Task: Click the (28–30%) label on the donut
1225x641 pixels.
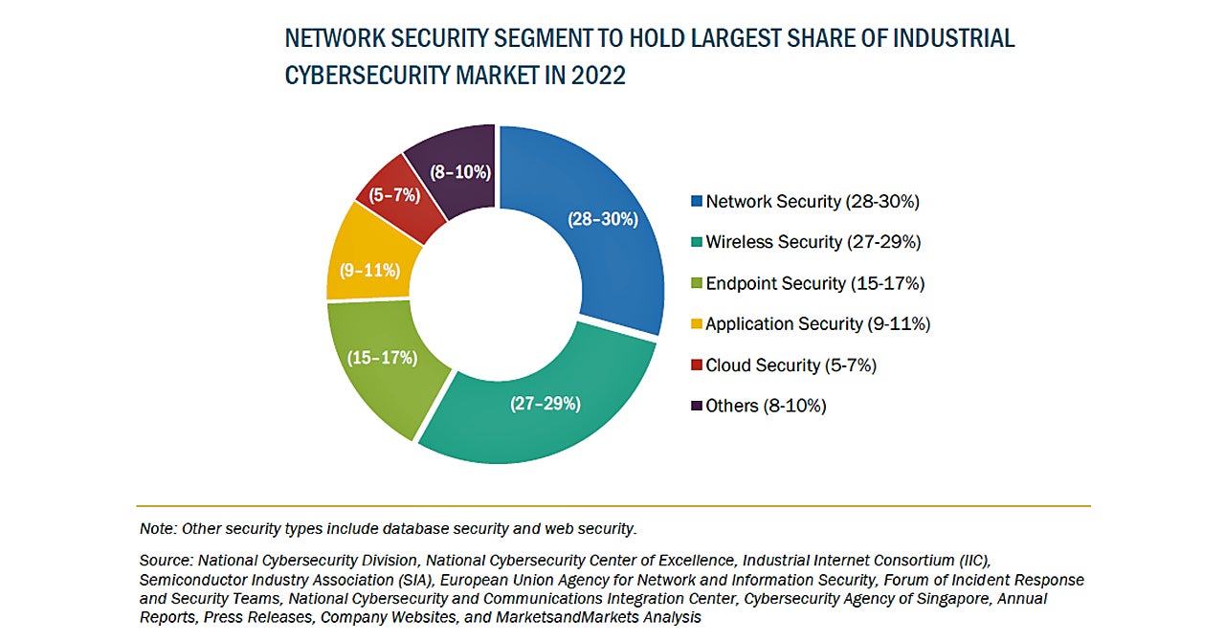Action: coord(602,219)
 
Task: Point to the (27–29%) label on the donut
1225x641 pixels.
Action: coord(545,404)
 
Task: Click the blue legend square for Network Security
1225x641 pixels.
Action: coord(697,202)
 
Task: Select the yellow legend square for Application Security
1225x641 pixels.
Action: coord(697,324)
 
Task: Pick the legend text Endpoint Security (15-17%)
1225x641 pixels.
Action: coord(815,283)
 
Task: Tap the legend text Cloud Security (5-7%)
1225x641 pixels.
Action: coord(791,365)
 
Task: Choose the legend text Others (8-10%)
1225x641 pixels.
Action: coord(766,406)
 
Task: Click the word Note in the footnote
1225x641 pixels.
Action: coord(157,528)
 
